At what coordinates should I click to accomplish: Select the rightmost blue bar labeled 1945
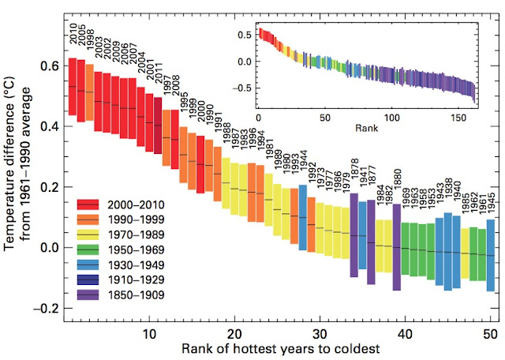click(x=490, y=255)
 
